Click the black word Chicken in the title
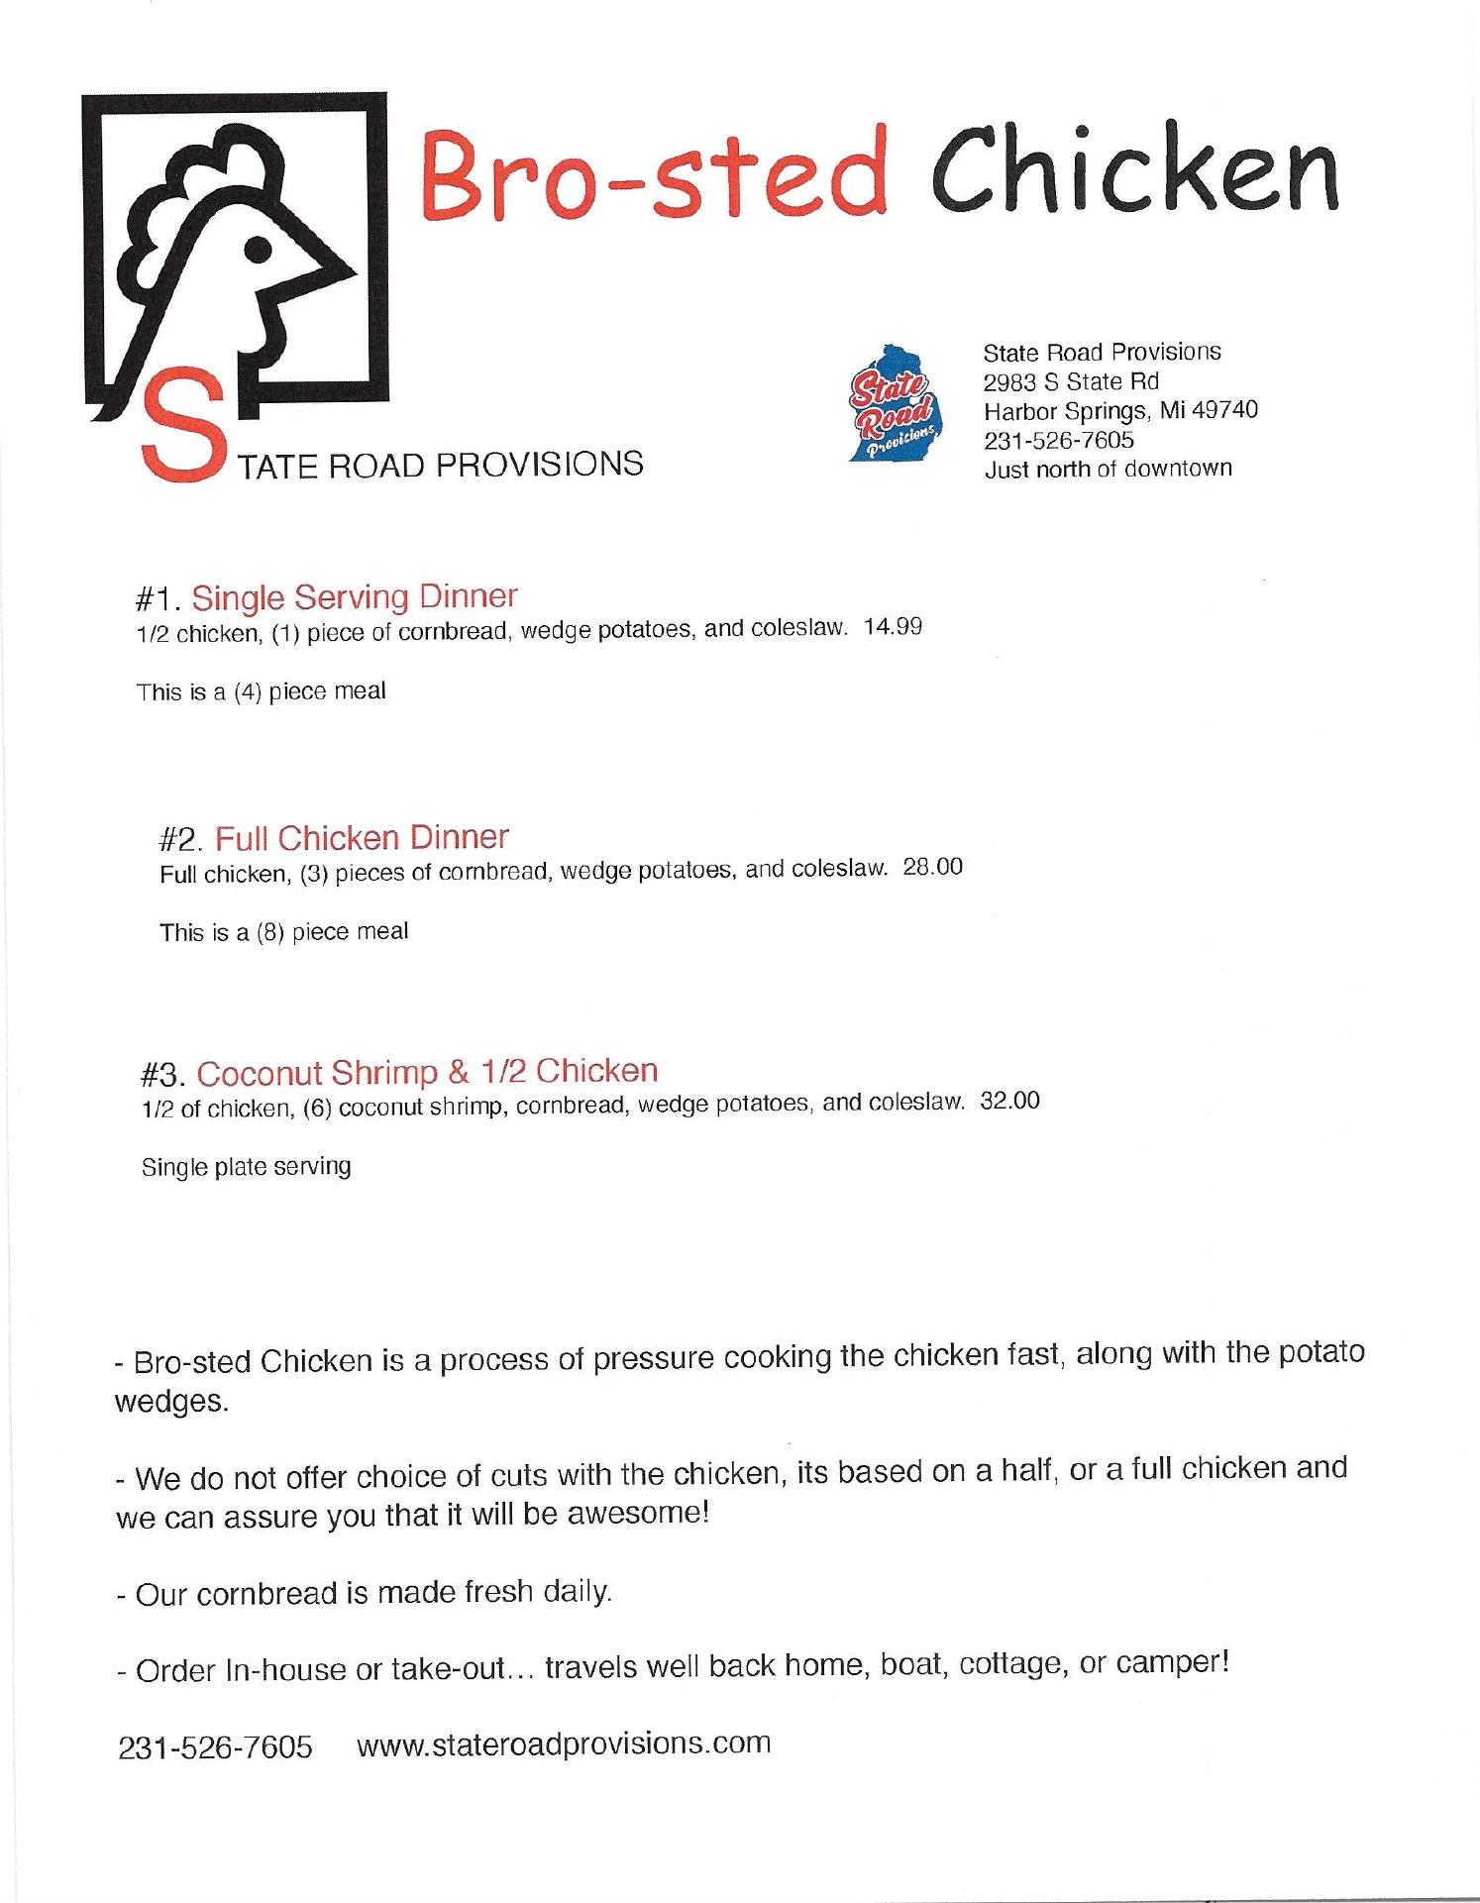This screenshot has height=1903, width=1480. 1133,170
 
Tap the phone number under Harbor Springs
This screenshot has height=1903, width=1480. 1058,439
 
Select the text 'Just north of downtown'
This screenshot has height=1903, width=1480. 1108,469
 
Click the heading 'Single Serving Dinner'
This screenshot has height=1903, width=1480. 354,596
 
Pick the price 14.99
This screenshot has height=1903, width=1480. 893,627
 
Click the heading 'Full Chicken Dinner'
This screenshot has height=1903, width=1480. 362,838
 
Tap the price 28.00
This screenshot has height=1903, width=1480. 932,867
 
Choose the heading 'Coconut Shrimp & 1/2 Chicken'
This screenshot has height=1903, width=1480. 427,1072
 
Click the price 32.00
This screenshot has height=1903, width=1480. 1009,1101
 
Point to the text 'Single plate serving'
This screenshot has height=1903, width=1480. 246,1166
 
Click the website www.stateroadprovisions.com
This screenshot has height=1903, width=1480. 563,1743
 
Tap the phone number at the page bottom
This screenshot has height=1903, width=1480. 215,1746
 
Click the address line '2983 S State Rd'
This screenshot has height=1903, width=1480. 1070,381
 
